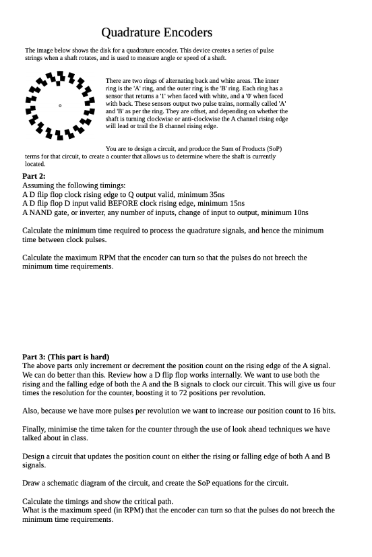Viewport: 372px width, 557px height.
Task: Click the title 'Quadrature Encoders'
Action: (156, 32)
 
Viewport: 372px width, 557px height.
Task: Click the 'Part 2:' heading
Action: (34, 175)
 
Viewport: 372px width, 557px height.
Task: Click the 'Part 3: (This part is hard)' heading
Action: (65, 357)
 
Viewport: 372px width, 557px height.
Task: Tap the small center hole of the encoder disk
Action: (60, 105)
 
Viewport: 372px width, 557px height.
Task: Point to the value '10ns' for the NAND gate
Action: (299, 212)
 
